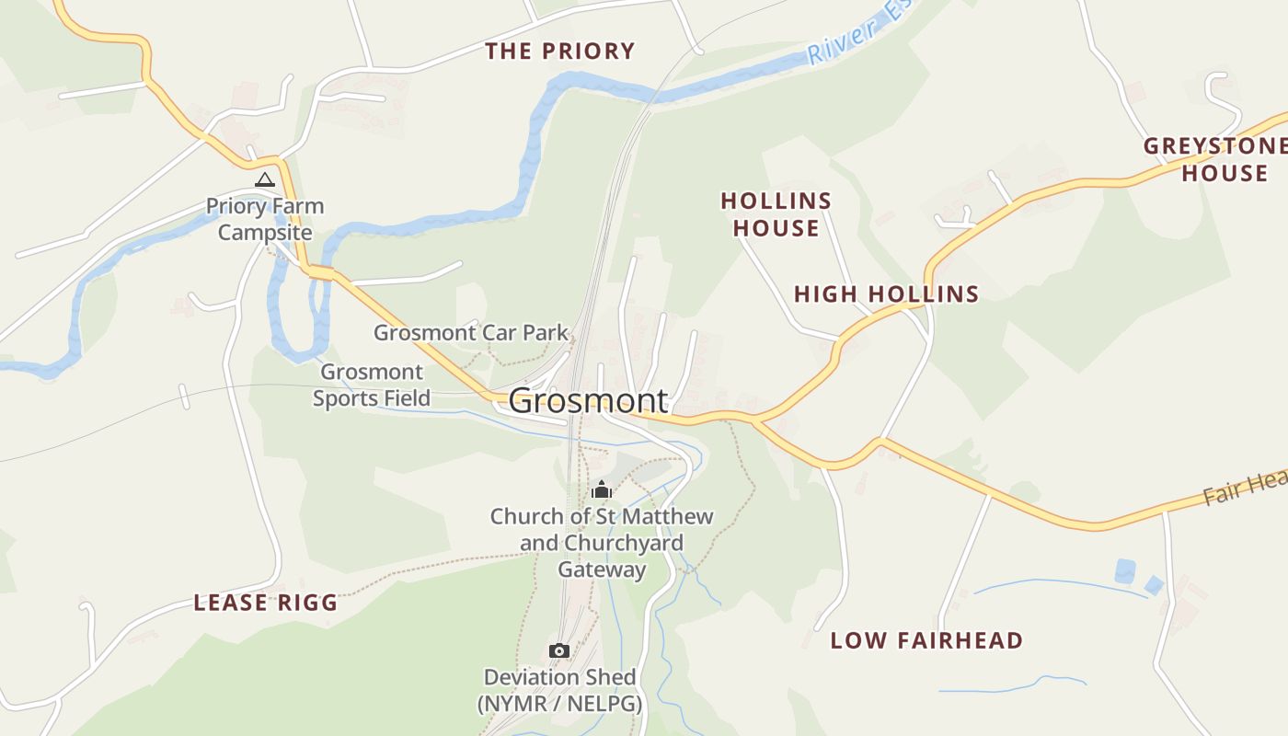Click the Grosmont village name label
[588, 401]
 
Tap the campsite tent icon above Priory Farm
[265, 179]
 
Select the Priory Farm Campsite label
[265, 219]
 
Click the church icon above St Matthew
[602, 489]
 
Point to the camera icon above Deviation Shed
[558, 650]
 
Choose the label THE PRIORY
[560, 52]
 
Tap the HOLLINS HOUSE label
[776, 214]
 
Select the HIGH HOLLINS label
[886, 294]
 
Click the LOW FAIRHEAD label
[926, 640]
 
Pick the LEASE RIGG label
[265, 604]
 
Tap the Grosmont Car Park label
[470, 333]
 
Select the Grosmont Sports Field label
[372, 385]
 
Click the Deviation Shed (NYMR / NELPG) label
[559, 691]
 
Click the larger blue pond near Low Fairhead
[1124, 571]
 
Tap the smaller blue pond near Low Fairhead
[1154, 585]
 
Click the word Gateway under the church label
[603, 569]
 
